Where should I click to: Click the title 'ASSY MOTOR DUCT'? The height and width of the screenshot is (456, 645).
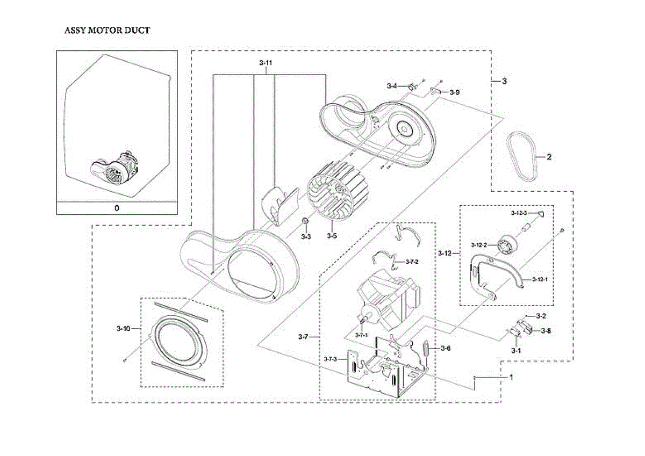click(x=107, y=30)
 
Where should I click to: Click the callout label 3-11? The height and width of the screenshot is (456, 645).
click(x=266, y=63)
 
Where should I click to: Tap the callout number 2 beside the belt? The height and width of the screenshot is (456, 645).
click(x=549, y=157)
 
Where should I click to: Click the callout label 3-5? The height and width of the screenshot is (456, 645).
click(x=332, y=236)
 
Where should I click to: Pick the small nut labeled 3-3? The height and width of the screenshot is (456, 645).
click(x=304, y=221)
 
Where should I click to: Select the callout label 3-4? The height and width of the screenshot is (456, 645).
click(x=392, y=85)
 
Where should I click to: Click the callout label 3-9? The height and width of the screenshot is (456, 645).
click(x=455, y=92)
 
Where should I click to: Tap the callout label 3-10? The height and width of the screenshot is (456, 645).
click(x=123, y=328)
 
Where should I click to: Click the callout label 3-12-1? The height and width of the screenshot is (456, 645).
click(x=540, y=279)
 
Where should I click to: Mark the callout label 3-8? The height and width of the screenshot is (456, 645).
click(x=546, y=331)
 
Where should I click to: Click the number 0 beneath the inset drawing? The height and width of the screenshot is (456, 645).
click(x=117, y=207)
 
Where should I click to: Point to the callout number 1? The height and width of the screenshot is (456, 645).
click(x=511, y=377)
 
